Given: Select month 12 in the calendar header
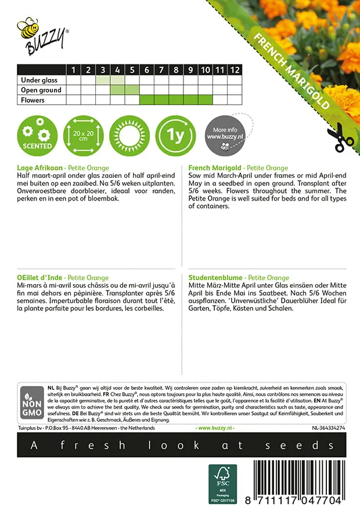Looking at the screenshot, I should pyautogui.click(x=234, y=70).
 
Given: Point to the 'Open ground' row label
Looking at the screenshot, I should pyautogui.click(x=41, y=90).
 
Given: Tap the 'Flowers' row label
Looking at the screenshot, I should pyautogui.click(x=33, y=100).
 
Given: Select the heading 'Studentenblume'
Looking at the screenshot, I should pyautogui.click(x=214, y=278).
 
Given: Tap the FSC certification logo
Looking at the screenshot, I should pyautogui.click(x=223, y=483).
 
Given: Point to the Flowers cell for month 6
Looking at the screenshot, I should pyautogui.click(x=146, y=100).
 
